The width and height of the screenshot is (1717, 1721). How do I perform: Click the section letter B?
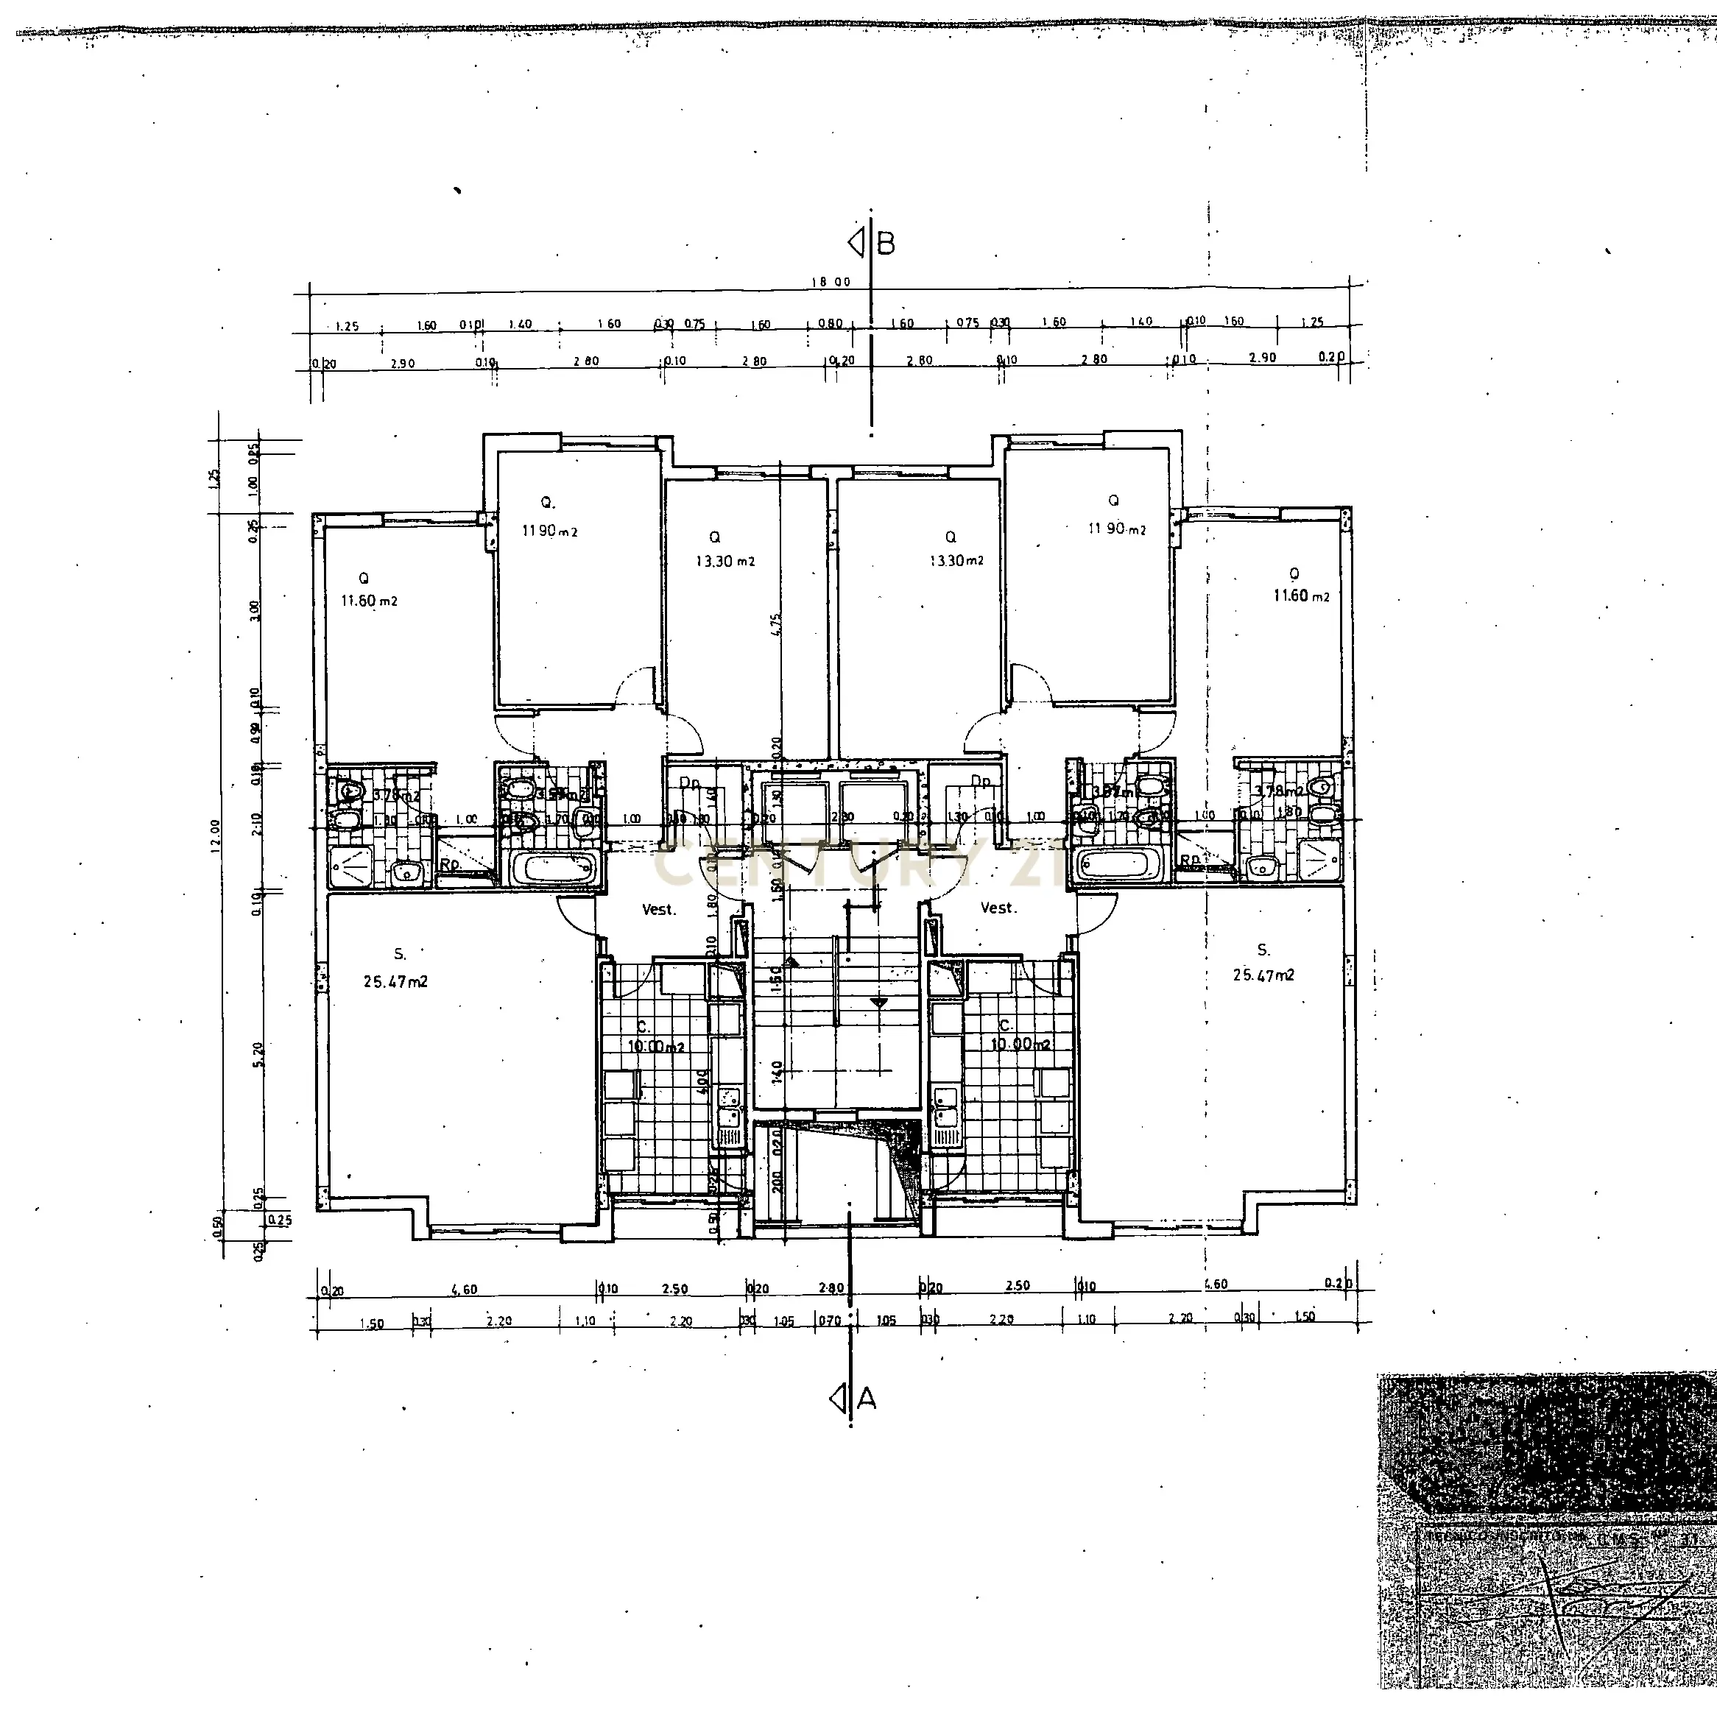(885, 243)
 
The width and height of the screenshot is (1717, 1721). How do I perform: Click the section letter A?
(866, 1399)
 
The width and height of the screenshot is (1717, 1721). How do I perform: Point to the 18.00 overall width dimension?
(830, 281)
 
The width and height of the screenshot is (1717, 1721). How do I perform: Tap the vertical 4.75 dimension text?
(775, 623)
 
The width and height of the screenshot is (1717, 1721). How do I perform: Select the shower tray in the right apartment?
(1318, 860)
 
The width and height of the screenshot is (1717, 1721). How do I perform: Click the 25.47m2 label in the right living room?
(1263, 975)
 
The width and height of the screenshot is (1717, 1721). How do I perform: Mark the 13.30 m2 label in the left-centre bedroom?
(724, 561)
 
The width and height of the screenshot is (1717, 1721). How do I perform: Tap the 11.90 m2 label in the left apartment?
(549, 531)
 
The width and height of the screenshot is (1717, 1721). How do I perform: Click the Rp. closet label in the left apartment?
(451, 864)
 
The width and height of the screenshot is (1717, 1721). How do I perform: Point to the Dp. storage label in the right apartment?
(980, 781)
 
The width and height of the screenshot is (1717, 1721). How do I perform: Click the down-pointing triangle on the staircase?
(879, 1004)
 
